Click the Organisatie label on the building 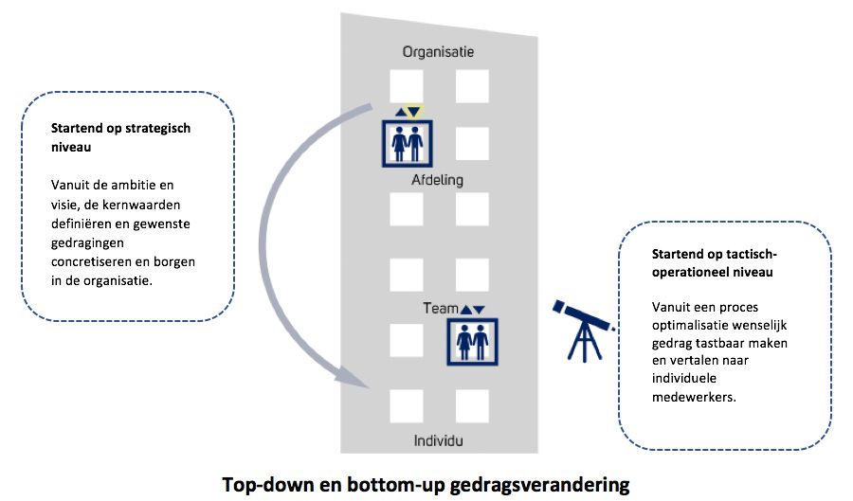(x=437, y=52)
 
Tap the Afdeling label (x=437, y=180)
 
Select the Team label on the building (x=440, y=309)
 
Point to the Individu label (x=439, y=440)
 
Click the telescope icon (x=581, y=328)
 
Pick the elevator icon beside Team (x=471, y=341)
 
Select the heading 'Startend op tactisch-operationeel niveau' (x=715, y=262)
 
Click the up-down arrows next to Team (x=471, y=309)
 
